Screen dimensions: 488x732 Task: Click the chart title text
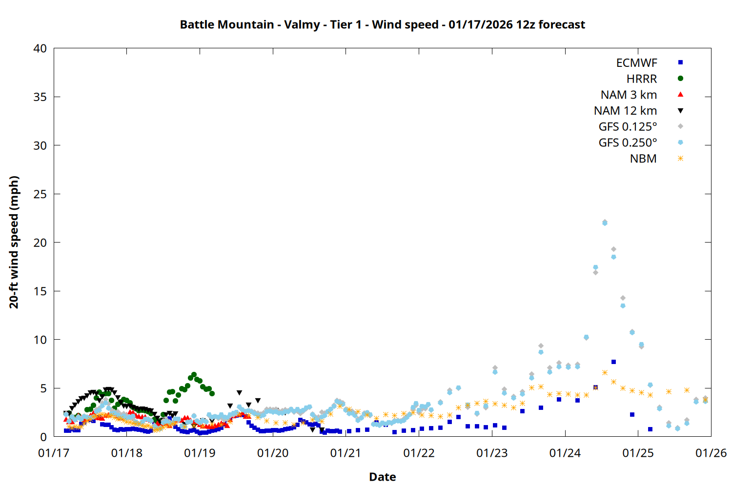[382, 24]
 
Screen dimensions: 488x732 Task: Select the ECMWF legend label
[636, 63]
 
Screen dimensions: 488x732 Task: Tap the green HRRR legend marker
[680, 79]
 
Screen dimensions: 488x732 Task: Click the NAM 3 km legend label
[629, 95]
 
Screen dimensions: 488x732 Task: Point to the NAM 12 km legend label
[625, 111]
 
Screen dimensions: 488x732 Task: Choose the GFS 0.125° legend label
[628, 127]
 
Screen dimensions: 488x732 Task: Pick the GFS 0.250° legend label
[628, 143]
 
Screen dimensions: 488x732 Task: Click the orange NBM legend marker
[680, 159]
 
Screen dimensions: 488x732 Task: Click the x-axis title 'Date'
[382, 477]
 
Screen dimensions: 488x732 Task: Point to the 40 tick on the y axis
[40, 48]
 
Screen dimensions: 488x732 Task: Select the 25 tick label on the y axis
[40, 194]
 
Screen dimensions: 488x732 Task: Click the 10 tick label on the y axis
[40, 340]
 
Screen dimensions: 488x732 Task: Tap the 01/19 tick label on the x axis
[200, 453]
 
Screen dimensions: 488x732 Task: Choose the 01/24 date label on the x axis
[565, 453]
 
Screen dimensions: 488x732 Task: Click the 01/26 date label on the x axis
[711, 453]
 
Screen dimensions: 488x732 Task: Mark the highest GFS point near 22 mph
[605, 223]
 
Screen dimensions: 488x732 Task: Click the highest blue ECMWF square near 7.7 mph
[613, 362]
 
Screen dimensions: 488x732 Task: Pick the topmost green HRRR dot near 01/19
[194, 375]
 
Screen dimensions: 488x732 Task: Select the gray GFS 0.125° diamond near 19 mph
[613, 249]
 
